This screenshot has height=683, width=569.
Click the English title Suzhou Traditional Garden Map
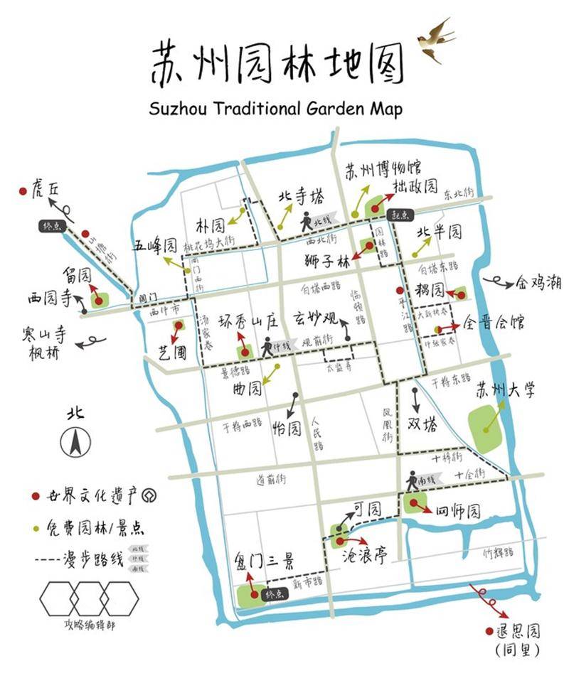click(276, 109)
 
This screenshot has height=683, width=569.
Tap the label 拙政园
click(415, 187)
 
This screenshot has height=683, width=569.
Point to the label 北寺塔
click(301, 197)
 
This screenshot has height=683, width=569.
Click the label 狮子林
click(327, 260)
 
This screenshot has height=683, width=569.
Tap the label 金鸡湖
click(538, 283)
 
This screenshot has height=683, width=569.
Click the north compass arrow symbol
click(75, 442)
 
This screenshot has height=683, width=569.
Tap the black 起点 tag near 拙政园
click(401, 215)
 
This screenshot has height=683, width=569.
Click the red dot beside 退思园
click(489, 630)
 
